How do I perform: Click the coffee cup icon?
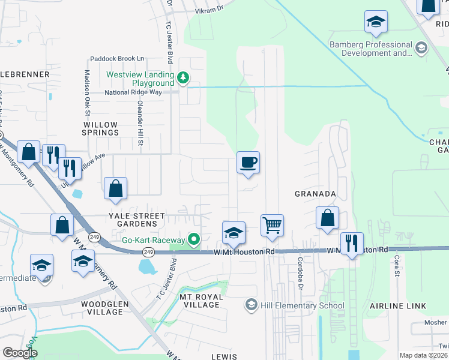click(x=248, y=163)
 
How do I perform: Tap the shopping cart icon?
click(x=272, y=226)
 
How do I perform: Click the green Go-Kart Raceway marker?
click(x=193, y=239)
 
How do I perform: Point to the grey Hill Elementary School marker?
click(x=250, y=305)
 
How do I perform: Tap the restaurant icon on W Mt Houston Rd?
click(x=352, y=244)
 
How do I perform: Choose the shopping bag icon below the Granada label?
click(x=328, y=218)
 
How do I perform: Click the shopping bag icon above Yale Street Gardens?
click(x=115, y=188)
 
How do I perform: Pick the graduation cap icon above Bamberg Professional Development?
click(x=376, y=22)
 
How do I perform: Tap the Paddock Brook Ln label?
click(x=118, y=59)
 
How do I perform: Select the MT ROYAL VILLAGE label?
click(x=201, y=301)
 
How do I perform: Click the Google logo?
click(x=20, y=353)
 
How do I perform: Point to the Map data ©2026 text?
click(x=423, y=355)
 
